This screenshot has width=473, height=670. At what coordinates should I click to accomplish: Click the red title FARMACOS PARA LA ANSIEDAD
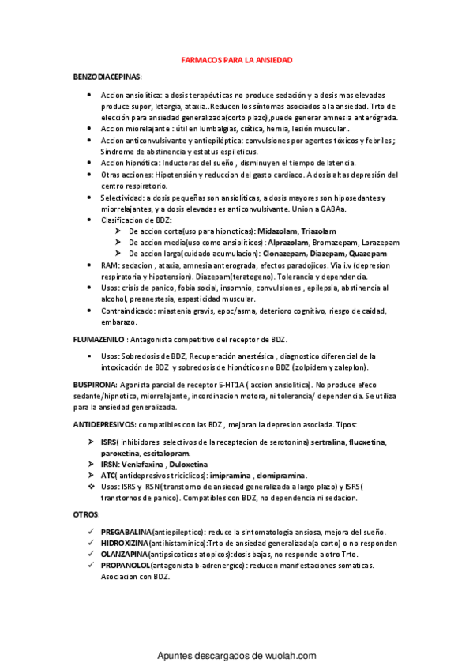237,60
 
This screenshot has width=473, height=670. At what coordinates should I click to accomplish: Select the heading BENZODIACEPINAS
107,77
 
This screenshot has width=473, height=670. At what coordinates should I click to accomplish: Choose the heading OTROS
85,514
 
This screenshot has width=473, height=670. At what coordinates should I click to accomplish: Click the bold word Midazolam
258,231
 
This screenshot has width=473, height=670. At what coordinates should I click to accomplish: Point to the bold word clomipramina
280,476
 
